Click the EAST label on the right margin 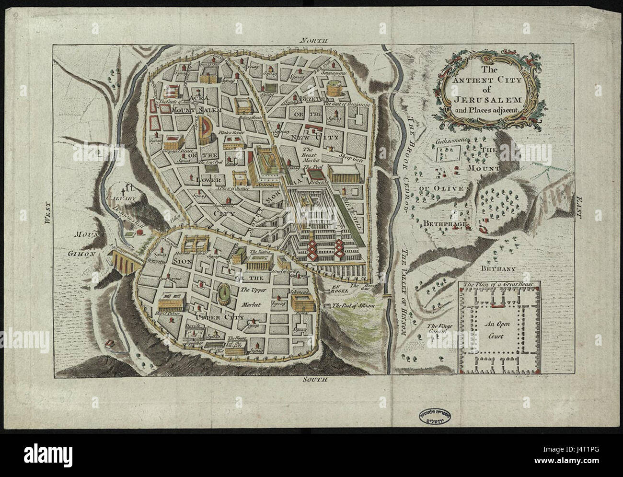tap(579, 209)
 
